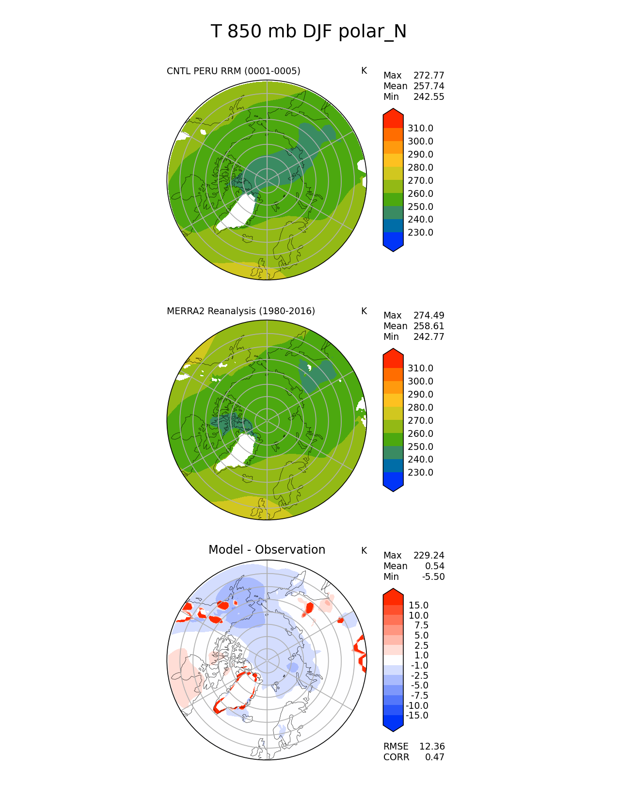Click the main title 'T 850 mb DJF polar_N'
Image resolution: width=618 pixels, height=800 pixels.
(x=308, y=32)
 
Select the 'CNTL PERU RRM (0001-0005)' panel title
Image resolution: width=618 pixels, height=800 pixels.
(x=233, y=71)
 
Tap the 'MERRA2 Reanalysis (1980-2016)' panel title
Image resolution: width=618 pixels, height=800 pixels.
(x=240, y=311)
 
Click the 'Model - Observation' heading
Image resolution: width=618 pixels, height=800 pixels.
(x=267, y=550)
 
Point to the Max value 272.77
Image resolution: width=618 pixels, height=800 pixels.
(x=428, y=76)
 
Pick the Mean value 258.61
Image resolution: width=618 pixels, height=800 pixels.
(x=428, y=326)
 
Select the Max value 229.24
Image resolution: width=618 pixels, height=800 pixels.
(x=428, y=556)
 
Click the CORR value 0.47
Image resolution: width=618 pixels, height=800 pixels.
(x=435, y=757)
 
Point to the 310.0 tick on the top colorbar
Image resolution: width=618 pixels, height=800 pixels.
(x=420, y=128)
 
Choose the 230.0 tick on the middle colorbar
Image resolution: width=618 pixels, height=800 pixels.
(x=420, y=473)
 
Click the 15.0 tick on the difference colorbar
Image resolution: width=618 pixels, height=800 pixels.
(x=418, y=606)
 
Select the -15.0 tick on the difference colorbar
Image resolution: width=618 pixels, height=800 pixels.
(x=417, y=716)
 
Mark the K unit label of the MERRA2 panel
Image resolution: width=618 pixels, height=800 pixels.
(x=364, y=311)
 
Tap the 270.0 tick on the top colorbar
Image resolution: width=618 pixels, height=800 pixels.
(x=420, y=181)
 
